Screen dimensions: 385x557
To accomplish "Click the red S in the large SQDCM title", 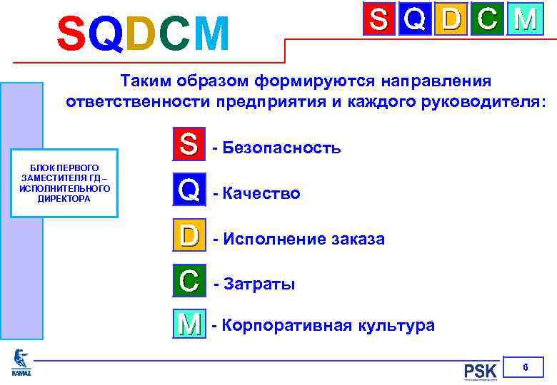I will tap(72, 34).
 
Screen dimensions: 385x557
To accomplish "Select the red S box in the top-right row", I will tap(379, 19).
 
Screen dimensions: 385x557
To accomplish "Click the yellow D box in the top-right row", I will tap(451, 19).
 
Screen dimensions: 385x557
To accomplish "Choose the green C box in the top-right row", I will tap(488, 19).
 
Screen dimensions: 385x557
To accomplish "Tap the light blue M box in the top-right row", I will tap(525, 19).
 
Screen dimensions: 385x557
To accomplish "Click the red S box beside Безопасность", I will tap(189, 145).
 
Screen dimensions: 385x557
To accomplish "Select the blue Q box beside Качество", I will tap(189, 190).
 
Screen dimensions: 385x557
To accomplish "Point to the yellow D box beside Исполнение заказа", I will tap(189, 236).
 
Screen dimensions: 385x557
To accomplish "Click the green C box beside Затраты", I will tap(189, 281).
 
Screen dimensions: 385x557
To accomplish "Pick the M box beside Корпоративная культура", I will tap(189, 325).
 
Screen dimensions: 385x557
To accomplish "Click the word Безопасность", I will tap(281, 148).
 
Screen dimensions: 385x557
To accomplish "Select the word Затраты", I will tap(259, 284).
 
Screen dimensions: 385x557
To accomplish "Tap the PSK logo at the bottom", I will tap(480, 371).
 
